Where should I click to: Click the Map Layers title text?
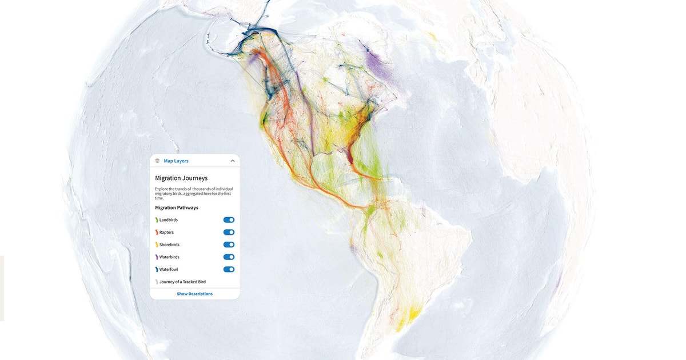click(x=176, y=161)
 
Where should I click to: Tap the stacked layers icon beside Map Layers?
click(x=157, y=161)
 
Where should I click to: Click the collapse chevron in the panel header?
click(x=233, y=161)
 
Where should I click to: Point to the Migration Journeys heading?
click(x=181, y=178)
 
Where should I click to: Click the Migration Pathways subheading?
click(x=177, y=207)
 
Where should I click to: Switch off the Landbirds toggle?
click(x=229, y=220)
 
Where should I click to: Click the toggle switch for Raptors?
click(x=229, y=233)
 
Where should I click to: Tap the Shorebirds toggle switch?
click(x=229, y=245)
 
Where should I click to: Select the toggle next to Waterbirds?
click(x=229, y=257)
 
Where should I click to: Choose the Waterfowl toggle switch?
click(x=229, y=269)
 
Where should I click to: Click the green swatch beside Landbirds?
click(x=157, y=220)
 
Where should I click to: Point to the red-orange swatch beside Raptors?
click(x=157, y=233)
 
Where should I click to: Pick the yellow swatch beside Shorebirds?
click(x=157, y=245)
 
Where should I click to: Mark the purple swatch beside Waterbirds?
click(x=157, y=257)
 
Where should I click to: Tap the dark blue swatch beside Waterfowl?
click(x=157, y=269)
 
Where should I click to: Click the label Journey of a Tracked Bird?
click(x=182, y=282)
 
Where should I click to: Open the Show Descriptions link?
click(x=194, y=294)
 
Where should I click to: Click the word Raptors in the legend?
click(x=166, y=233)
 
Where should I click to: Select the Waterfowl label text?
click(x=169, y=269)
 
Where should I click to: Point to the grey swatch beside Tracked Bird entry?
click(x=157, y=282)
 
